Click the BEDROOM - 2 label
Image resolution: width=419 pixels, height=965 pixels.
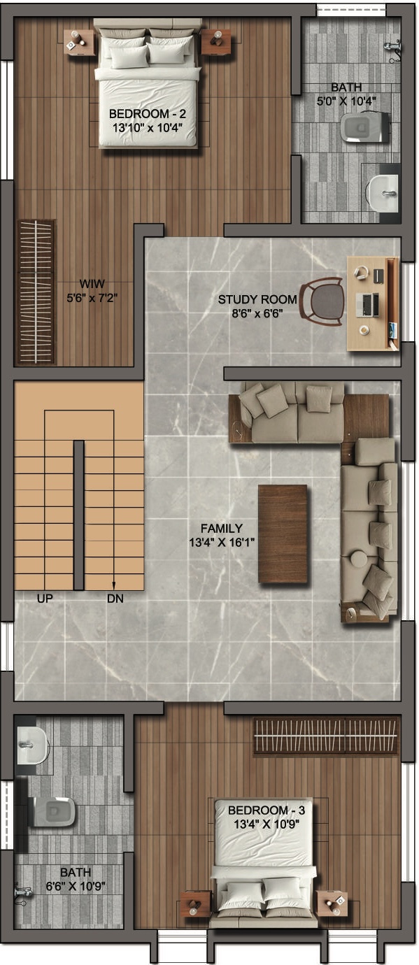click(x=147, y=113)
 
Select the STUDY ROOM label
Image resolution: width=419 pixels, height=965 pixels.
click(x=257, y=300)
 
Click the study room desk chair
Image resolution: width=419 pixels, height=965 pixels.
click(x=323, y=300)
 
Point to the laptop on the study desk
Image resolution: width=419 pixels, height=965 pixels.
click(x=368, y=304)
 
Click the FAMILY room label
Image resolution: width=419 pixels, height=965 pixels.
click(x=221, y=529)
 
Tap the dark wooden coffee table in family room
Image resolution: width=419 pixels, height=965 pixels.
click(x=283, y=534)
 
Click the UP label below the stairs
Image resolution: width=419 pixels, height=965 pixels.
click(x=46, y=599)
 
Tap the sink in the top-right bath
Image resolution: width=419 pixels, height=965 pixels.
click(x=382, y=190)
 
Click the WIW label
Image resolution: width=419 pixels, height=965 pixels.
click(x=87, y=283)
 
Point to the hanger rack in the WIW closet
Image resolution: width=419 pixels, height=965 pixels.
click(x=36, y=292)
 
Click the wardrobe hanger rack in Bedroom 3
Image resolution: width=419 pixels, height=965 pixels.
click(x=325, y=736)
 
